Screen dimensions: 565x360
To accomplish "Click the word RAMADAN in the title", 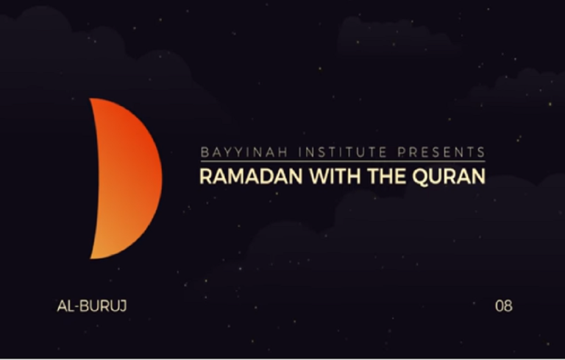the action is point(251,177).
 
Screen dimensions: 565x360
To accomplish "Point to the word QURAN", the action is point(449,177).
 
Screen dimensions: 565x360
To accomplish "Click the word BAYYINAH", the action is point(244,152).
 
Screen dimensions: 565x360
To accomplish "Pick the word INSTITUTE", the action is point(342,152).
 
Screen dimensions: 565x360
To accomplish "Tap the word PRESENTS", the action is point(441,152).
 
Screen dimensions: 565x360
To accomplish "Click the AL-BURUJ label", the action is point(92,306).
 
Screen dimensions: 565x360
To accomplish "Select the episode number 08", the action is point(504,306).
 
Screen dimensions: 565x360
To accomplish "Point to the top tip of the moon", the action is point(90,99).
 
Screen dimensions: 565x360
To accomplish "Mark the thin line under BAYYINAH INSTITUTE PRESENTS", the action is point(343,161).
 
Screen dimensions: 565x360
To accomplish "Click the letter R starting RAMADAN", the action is point(206,177).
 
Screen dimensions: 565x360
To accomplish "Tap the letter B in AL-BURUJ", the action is point(84,306).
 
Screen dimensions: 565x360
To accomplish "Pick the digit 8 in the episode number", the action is point(508,306).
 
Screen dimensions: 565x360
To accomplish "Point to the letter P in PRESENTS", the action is point(402,152).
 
